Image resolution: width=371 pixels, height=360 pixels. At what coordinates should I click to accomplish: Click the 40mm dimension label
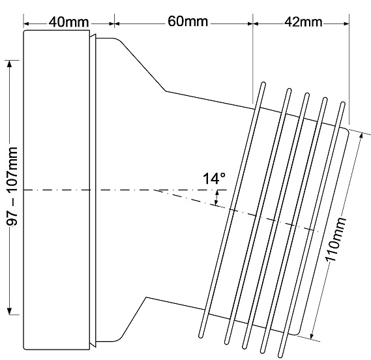[69, 22]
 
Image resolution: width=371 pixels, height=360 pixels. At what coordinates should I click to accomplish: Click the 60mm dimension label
[188, 22]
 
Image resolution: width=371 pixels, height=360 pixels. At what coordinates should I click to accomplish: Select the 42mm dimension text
[303, 22]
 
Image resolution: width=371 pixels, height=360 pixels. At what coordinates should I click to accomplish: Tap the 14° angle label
[214, 179]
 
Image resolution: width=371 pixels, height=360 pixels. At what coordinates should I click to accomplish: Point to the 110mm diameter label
[336, 239]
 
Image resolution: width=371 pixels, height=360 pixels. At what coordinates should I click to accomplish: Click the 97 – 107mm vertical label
[12, 187]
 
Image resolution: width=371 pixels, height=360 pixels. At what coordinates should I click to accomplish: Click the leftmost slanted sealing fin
[232, 210]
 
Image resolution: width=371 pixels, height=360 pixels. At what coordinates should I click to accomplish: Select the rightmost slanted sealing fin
[312, 230]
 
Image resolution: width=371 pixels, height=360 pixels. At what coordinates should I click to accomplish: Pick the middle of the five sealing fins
[276, 220]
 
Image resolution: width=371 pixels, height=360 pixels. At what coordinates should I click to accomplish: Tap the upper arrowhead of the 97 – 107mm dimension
[9, 64]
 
